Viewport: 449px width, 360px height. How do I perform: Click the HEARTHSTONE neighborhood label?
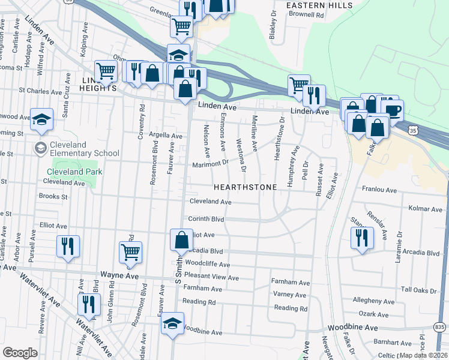coord(246,187)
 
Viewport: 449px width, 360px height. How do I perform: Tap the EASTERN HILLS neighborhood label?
coord(310,5)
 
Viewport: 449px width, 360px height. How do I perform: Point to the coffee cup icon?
coord(393,110)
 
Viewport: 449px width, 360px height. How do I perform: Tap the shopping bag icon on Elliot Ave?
coord(181,240)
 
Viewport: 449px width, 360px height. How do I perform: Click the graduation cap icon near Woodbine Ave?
coord(172,324)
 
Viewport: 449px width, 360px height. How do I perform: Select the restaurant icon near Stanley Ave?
coord(362,236)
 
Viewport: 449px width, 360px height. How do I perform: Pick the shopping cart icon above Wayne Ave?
coord(130,253)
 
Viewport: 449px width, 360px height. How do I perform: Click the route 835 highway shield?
coord(440,326)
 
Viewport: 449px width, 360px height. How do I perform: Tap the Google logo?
coord(20,352)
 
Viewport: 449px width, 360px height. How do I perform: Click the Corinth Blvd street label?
coord(206,220)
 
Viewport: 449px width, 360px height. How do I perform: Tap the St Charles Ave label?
coord(40,92)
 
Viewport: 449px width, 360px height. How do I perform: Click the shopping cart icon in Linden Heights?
coord(106,71)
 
